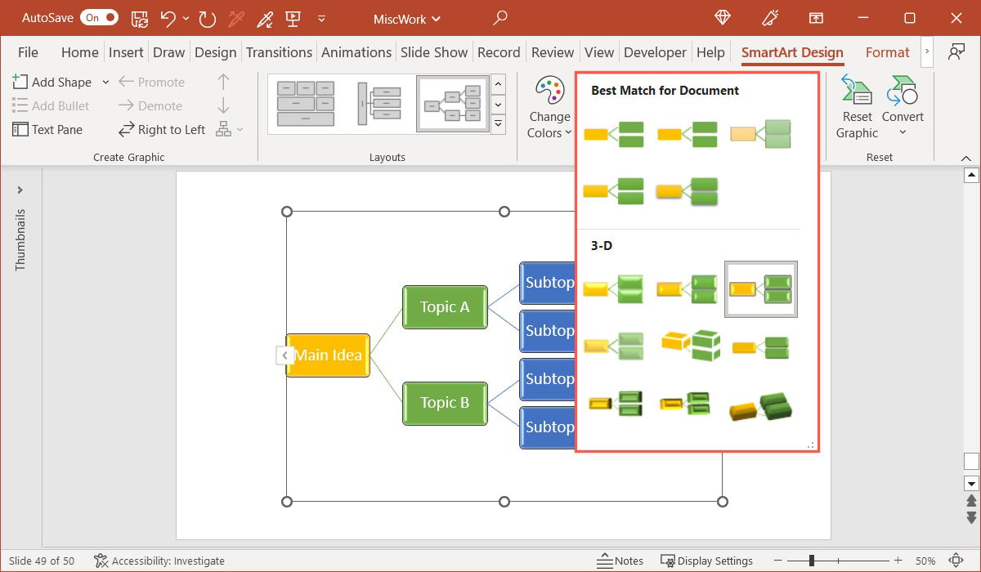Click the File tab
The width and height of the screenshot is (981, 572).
pos(28,52)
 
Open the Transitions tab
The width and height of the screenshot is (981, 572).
pos(279,52)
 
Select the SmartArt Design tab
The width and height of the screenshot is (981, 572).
pos(791,52)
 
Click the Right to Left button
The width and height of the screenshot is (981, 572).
pos(162,129)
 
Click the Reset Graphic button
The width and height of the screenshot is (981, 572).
pos(856,108)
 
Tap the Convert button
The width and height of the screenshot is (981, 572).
pos(903,108)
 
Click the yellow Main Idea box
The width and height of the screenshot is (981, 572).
pos(328,355)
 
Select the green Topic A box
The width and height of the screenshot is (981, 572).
pos(445,307)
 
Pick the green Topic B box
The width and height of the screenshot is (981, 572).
pos(445,403)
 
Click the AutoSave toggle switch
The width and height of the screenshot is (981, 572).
pos(99,17)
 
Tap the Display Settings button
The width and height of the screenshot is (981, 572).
pos(707,561)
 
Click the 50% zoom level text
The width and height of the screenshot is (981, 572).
pos(925,561)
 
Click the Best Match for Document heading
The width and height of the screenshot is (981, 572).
pos(665,91)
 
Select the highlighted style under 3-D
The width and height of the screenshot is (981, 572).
pos(760,289)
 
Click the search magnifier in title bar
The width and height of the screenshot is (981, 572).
pos(500,18)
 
